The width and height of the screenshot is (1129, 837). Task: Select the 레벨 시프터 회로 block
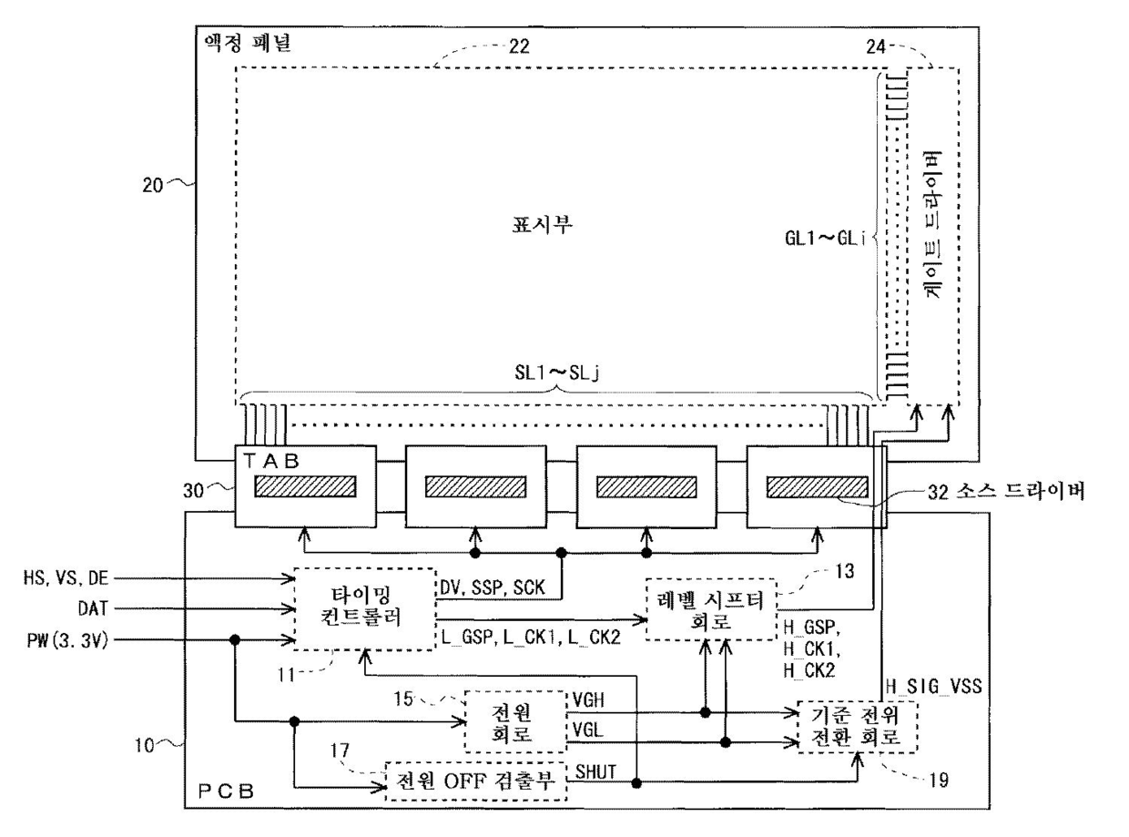click(712, 607)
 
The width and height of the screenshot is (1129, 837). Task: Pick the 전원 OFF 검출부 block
click(474, 781)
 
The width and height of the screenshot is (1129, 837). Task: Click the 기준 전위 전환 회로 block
click(856, 726)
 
